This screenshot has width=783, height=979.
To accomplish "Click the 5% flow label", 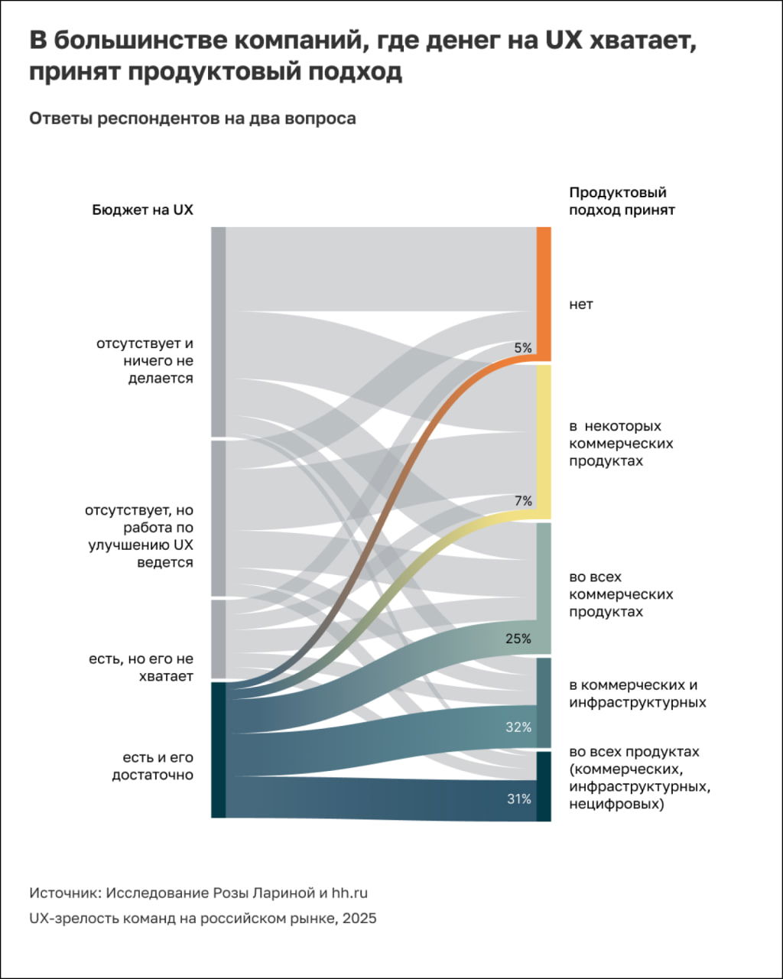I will pyautogui.click(x=523, y=348).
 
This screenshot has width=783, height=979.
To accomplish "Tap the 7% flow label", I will pyautogui.click(x=523, y=501).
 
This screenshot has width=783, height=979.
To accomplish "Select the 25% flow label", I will pyautogui.click(x=518, y=639).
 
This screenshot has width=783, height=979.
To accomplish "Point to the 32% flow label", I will pyautogui.click(x=518, y=727).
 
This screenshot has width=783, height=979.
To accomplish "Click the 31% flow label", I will pyautogui.click(x=518, y=799).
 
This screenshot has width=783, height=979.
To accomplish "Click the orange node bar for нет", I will pyautogui.click(x=544, y=294).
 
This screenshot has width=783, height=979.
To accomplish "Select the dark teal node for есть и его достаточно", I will pyautogui.click(x=218, y=750).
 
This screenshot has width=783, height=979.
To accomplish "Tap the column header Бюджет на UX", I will pyautogui.click(x=143, y=210).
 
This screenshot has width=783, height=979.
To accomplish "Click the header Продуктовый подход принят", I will pyautogui.click(x=622, y=201).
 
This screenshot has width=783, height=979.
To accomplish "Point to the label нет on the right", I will pyautogui.click(x=581, y=304).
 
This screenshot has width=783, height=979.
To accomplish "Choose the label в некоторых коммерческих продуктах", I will pyautogui.click(x=621, y=444).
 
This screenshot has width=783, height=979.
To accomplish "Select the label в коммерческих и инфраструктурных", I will pyautogui.click(x=638, y=694).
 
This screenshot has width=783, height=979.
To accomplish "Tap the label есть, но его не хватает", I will pyautogui.click(x=141, y=668).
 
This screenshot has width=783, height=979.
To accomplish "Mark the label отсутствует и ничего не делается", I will pyautogui.click(x=145, y=360).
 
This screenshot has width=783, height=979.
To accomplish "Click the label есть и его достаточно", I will pyautogui.click(x=153, y=766).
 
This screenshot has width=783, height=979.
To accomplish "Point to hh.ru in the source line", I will pyautogui.click(x=355, y=893).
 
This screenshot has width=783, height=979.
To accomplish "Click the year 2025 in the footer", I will pyautogui.click(x=359, y=919).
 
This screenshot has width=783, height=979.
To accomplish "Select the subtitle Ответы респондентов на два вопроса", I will pyautogui.click(x=193, y=119).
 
